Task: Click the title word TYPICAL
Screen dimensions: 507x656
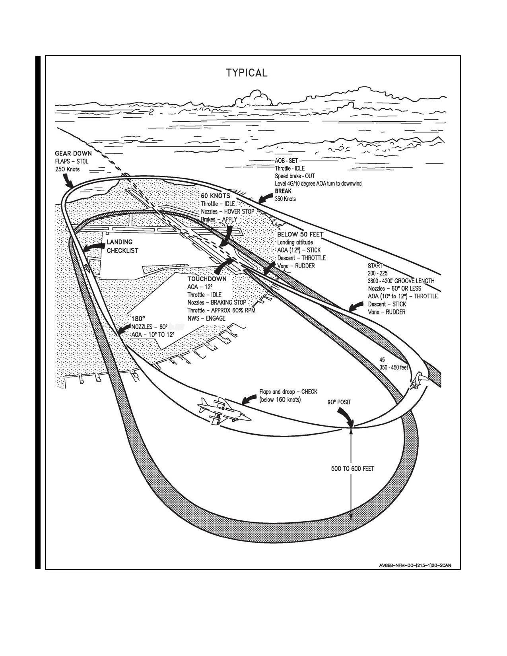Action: tap(247, 73)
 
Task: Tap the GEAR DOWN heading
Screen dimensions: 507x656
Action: tap(74, 153)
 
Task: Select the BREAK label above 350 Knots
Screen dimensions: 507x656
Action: tap(283, 191)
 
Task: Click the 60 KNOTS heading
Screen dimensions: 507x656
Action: tap(216, 196)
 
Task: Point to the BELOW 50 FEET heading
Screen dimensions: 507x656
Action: tap(300, 234)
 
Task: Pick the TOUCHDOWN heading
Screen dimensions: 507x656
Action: tap(207, 279)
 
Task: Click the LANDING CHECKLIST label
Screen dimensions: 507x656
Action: tap(122, 246)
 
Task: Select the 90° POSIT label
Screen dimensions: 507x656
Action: tap(340, 402)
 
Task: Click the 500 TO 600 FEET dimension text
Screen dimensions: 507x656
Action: tap(352, 468)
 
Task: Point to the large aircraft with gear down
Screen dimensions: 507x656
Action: tap(224, 411)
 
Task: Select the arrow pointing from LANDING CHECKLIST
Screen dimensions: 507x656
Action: tap(92, 248)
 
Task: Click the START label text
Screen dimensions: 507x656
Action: tap(375, 266)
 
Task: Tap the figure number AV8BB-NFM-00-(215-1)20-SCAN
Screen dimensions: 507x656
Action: tap(415, 565)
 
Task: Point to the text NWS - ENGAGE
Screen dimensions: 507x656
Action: tap(206, 318)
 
